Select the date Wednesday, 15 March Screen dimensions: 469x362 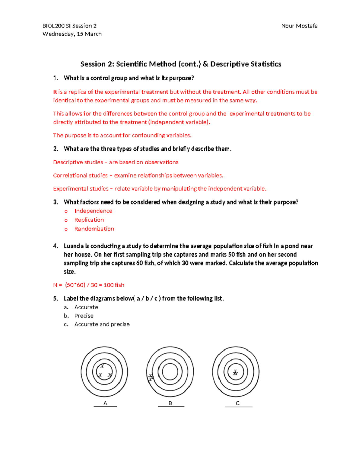(x=72, y=34)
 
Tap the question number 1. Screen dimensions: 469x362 (x=56, y=78)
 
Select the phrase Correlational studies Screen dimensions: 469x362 (x=80, y=175)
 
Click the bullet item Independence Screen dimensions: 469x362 (x=93, y=211)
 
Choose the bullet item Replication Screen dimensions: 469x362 (x=89, y=220)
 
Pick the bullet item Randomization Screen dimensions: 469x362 (x=94, y=229)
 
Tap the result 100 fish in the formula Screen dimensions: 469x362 (x=114, y=285)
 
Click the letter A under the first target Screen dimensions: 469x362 (x=105, y=403)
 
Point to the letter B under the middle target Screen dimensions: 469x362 (x=170, y=403)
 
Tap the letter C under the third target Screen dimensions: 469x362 (x=238, y=403)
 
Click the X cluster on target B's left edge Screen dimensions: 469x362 (x=151, y=377)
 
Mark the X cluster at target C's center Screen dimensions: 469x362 (x=235, y=373)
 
